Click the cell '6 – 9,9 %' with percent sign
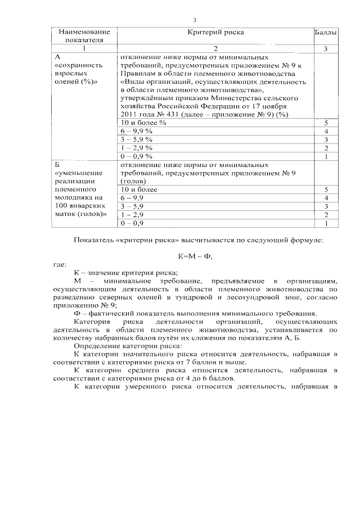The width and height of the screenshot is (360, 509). point(137,130)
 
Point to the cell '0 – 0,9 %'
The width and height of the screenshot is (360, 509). point(137,156)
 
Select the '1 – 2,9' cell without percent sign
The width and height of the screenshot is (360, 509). point(133,215)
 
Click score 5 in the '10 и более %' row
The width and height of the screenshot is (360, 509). point(326,122)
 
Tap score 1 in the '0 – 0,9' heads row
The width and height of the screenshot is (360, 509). point(326,223)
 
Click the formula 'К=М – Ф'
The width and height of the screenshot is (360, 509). point(195,255)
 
